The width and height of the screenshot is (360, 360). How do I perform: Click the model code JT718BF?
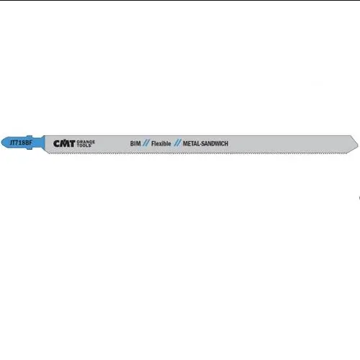click(21, 143)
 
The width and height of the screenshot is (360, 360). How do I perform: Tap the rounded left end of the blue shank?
click(2, 143)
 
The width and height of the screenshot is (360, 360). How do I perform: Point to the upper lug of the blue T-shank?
click(29, 137)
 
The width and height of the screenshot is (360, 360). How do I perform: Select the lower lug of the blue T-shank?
click(29, 148)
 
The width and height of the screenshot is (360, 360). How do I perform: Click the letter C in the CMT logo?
click(57, 143)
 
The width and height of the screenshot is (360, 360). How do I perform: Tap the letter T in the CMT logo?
click(72, 143)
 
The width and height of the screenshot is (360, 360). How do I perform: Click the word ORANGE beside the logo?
click(86, 142)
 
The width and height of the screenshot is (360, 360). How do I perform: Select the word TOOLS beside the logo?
click(84, 145)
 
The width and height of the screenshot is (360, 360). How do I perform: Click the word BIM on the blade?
click(135, 143)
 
